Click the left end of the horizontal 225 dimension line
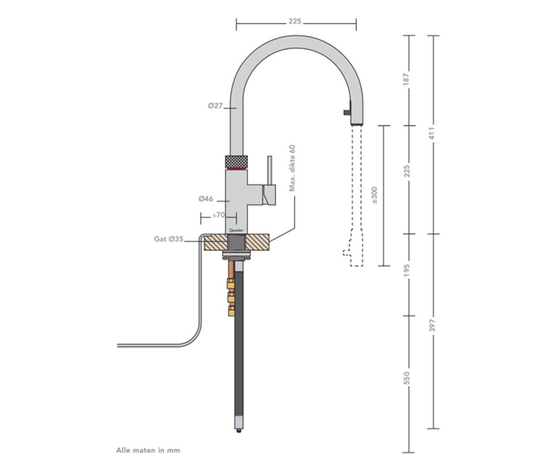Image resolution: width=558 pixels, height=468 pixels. click(x=236, y=24)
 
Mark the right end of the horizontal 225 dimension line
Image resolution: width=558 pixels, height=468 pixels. click(x=356, y=24)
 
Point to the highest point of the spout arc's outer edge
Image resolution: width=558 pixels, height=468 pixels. click(x=297, y=35)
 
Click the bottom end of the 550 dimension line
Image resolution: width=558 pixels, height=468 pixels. click(x=409, y=453)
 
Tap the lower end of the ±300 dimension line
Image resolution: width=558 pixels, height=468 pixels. click(x=384, y=266)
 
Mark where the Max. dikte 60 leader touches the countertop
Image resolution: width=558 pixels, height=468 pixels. click(x=269, y=242)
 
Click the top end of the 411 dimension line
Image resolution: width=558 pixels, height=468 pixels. click(x=433, y=35)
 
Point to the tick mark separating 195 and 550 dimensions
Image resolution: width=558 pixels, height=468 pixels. click(x=409, y=316)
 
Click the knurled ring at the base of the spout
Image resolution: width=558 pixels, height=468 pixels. click(x=237, y=162)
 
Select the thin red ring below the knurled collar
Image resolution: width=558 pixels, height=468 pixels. click(x=237, y=169)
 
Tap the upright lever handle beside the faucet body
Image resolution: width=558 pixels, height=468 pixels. click(x=270, y=170)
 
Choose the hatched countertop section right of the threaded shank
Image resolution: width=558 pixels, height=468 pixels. click(x=257, y=242)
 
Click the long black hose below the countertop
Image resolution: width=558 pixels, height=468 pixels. click(x=239, y=343)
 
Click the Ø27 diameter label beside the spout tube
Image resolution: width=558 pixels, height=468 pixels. click(x=215, y=106)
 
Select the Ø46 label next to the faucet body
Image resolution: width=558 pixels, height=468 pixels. click(x=206, y=199)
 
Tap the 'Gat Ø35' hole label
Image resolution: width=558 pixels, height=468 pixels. click(x=169, y=239)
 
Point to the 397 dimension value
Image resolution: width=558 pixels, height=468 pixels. click(x=432, y=325)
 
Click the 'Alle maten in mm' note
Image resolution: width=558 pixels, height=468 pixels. click(x=148, y=450)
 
